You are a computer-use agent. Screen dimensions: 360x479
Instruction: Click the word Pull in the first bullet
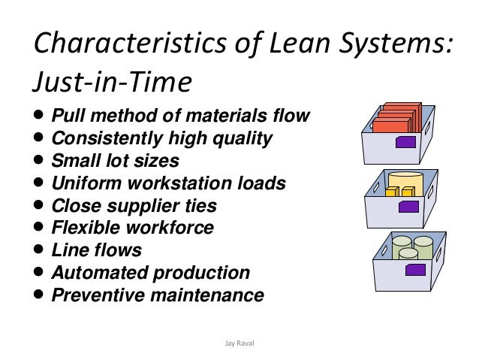click(67, 117)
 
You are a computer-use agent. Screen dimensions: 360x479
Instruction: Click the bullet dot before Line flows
click(39, 250)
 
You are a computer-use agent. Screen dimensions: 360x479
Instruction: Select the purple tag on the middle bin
click(409, 204)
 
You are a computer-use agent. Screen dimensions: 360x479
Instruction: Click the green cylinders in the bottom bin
click(413, 247)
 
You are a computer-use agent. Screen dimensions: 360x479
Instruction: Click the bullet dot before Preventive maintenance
click(39, 295)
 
